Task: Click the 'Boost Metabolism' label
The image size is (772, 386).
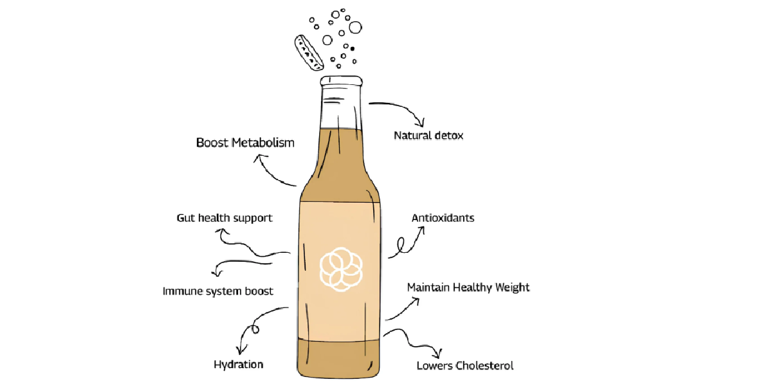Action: coord(245,142)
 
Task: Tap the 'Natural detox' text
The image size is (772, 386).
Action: coord(428,136)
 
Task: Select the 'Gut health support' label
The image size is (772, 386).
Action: coord(225,218)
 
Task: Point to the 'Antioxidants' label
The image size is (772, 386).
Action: coord(443,218)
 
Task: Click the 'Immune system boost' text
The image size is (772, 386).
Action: coord(217,291)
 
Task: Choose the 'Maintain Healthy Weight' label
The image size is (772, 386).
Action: coord(468,287)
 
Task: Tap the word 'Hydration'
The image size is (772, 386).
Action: coord(238,365)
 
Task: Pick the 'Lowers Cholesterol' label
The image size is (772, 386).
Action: coord(465,366)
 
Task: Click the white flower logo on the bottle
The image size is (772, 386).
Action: coord(341,268)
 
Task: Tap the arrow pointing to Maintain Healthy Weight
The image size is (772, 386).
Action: coord(403,309)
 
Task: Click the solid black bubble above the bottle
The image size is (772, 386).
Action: coord(352,48)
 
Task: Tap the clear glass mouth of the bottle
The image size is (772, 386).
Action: coord(342,103)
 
